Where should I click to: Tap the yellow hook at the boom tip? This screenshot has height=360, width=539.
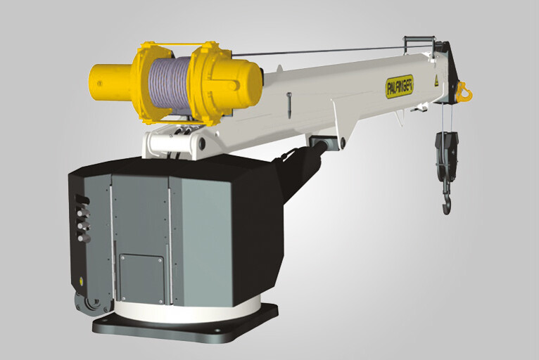[463, 91]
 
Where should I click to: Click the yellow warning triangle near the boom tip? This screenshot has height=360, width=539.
[435, 79]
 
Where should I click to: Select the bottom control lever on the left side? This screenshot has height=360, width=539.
[84, 238]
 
